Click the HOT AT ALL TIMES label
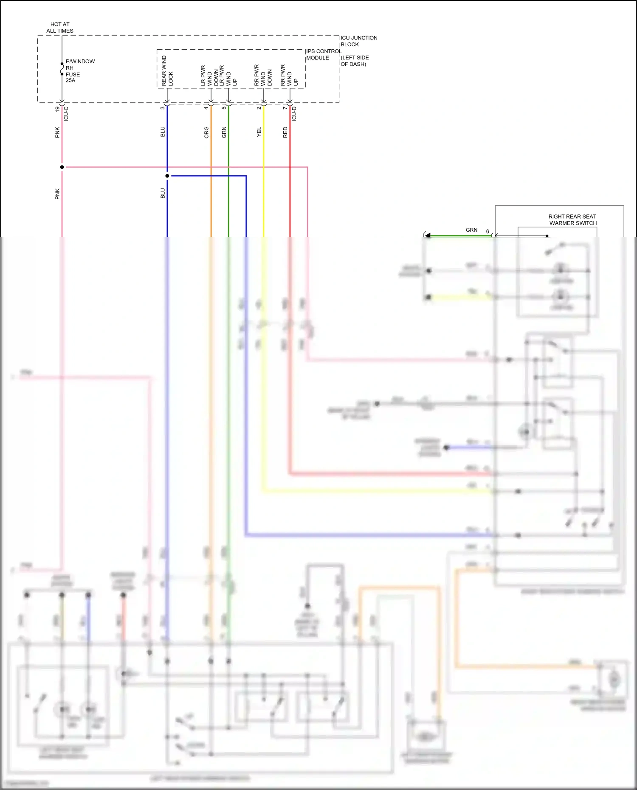(60, 28)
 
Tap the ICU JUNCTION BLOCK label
(358, 41)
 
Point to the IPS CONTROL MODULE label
(323, 54)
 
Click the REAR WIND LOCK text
(167, 71)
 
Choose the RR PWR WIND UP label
(289, 75)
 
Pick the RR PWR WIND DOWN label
(263, 75)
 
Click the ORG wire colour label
(206, 132)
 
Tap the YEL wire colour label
(259, 132)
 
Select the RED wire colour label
(285, 132)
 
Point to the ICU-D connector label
(294, 114)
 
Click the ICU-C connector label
(66, 114)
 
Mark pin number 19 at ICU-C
(57, 109)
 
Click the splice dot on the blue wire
(167, 176)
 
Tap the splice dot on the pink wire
(62, 167)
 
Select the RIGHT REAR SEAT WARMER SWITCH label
(572, 220)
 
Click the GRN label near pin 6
(471, 230)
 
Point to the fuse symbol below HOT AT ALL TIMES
(62, 69)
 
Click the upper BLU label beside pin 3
(163, 132)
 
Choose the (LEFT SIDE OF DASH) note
(355, 61)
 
